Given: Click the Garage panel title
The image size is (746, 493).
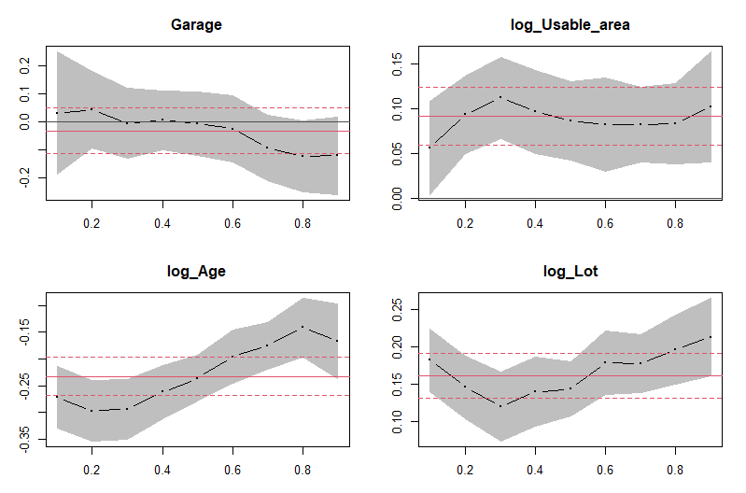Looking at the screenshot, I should pyautogui.click(x=196, y=24).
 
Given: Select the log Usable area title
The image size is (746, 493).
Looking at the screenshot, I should pyautogui.click(x=570, y=24).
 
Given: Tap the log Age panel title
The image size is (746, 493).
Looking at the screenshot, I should pyautogui.click(x=196, y=272).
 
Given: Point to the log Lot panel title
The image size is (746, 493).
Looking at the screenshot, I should pyautogui.click(x=570, y=272).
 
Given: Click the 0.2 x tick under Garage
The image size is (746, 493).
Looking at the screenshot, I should pyautogui.click(x=91, y=224).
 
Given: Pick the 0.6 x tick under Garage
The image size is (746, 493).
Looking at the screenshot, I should pyautogui.click(x=232, y=224).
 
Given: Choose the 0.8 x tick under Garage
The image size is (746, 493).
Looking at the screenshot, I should pyautogui.click(x=302, y=224).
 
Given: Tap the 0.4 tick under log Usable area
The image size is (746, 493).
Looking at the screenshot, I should pyautogui.click(x=535, y=224).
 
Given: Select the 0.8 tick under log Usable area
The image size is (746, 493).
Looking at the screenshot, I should pyautogui.click(x=675, y=224).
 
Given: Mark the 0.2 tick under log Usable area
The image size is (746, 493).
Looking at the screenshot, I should pyautogui.click(x=465, y=224).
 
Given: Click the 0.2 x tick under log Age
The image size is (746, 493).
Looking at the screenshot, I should pyautogui.click(x=91, y=470).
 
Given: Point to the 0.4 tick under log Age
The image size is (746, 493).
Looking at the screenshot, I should pyautogui.click(x=162, y=470).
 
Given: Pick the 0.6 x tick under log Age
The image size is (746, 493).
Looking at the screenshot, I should pyautogui.click(x=232, y=470).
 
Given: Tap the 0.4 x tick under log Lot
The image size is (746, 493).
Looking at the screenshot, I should pyautogui.click(x=535, y=470).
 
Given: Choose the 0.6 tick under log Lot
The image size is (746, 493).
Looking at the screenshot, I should pyautogui.click(x=605, y=470).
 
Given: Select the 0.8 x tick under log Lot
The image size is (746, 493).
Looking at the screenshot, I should pyautogui.click(x=675, y=470).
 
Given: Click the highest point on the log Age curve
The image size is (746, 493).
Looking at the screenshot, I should pyautogui.click(x=302, y=328).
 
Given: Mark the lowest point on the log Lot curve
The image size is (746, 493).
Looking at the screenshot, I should pyautogui.click(x=500, y=406).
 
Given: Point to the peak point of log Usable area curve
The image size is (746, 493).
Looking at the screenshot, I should pyautogui.click(x=500, y=97).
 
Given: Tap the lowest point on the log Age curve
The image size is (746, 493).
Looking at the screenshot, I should pyautogui.click(x=91, y=411).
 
